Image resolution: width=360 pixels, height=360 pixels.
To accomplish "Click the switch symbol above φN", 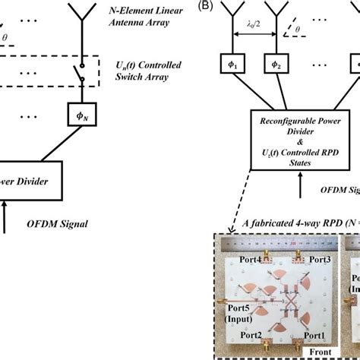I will [x=77, y=79].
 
